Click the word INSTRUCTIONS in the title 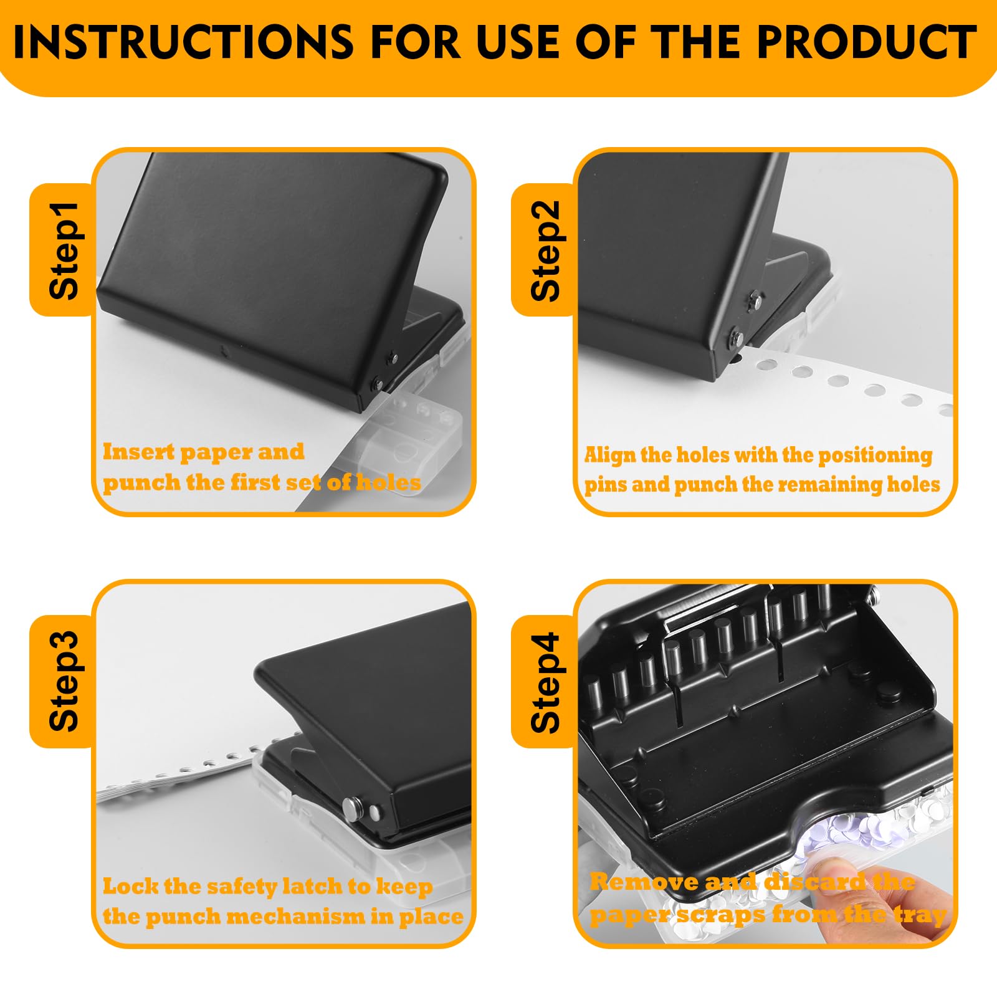click(x=183, y=42)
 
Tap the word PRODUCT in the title click(x=867, y=42)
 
